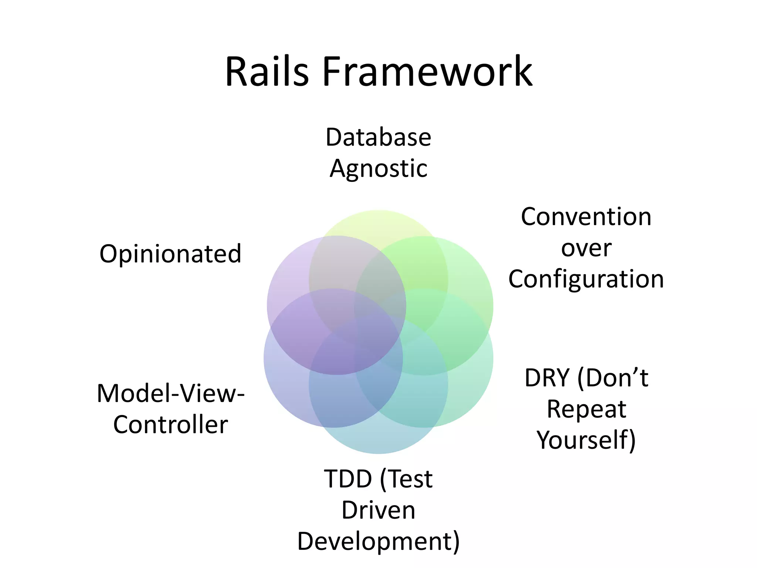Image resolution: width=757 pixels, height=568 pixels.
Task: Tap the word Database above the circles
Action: pyautogui.click(x=378, y=137)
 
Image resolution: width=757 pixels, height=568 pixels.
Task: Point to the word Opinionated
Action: pyautogui.click(x=170, y=254)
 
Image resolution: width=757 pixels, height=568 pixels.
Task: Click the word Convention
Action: pyautogui.click(x=586, y=217)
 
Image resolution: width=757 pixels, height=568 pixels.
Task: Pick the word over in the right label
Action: pyautogui.click(x=586, y=248)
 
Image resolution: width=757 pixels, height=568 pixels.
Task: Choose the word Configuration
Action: pyautogui.click(x=586, y=279)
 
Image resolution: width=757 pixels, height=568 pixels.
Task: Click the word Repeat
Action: pyautogui.click(x=586, y=409)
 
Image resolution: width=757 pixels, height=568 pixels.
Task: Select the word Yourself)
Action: pyautogui.click(x=586, y=440)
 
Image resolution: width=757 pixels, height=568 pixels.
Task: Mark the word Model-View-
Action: pyautogui.click(x=170, y=393)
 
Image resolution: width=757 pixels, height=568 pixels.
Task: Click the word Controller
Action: pyautogui.click(x=170, y=425)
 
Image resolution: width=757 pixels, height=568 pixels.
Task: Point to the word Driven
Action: pyautogui.click(x=378, y=510)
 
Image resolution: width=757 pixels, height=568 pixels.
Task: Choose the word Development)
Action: pyautogui.click(x=378, y=541)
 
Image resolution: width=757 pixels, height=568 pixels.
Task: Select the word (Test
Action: pyautogui.click(x=406, y=479)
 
